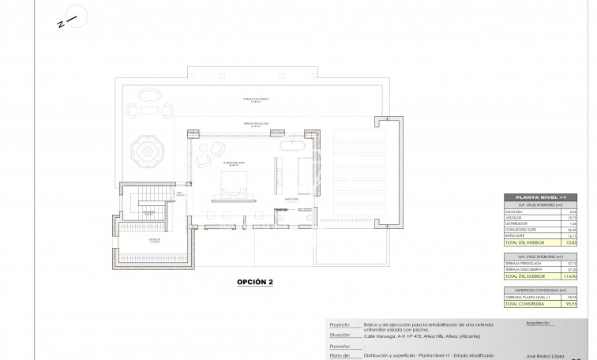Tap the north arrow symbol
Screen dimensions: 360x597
tap(68, 18)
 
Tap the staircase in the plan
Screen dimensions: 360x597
tap(147, 207)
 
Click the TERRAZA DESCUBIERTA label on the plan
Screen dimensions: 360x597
tap(257, 99)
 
